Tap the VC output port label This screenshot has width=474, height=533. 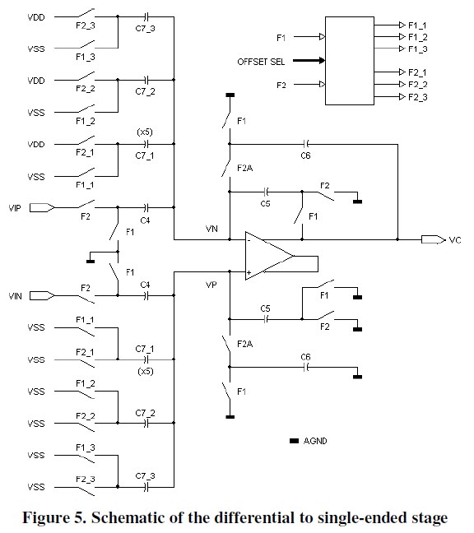coord(454,240)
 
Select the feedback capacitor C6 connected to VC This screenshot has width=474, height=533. coord(305,142)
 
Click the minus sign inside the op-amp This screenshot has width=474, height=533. coord(249,240)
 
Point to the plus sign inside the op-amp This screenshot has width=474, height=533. coord(249,271)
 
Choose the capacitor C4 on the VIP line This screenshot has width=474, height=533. coord(146,208)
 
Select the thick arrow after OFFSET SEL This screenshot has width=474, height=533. coord(303,60)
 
